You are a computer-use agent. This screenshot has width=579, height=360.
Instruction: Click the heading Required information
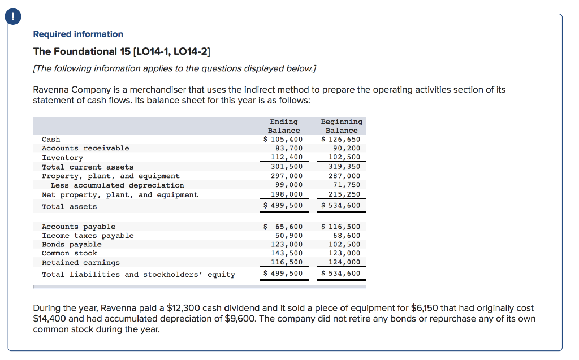(x=78, y=34)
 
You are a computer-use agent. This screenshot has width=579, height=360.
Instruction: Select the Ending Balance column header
(x=284, y=125)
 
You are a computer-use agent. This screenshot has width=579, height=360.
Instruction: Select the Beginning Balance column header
(x=342, y=125)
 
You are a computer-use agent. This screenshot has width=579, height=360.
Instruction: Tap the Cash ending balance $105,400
(x=284, y=139)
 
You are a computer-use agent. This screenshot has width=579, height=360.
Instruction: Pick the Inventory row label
(x=62, y=158)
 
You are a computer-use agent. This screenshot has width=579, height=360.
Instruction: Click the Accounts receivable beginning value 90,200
(x=345, y=148)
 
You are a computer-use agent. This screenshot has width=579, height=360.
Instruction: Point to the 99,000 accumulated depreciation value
(x=289, y=185)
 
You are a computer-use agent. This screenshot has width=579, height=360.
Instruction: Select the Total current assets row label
(x=88, y=167)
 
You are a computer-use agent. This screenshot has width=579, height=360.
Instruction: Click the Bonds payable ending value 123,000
(x=289, y=244)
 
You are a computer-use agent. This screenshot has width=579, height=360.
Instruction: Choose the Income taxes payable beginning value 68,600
(x=346, y=235)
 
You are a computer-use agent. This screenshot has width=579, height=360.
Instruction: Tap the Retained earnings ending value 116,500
(x=289, y=262)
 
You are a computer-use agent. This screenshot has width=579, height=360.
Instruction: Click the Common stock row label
(x=70, y=253)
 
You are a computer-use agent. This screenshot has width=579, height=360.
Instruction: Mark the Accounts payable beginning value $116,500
(x=341, y=226)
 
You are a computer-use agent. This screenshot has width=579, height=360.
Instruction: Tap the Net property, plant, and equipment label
(x=120, y=194)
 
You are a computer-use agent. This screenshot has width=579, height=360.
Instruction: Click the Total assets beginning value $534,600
(x=341, y=205)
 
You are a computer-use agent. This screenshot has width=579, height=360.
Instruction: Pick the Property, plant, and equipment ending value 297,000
(x=289, y=176)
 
